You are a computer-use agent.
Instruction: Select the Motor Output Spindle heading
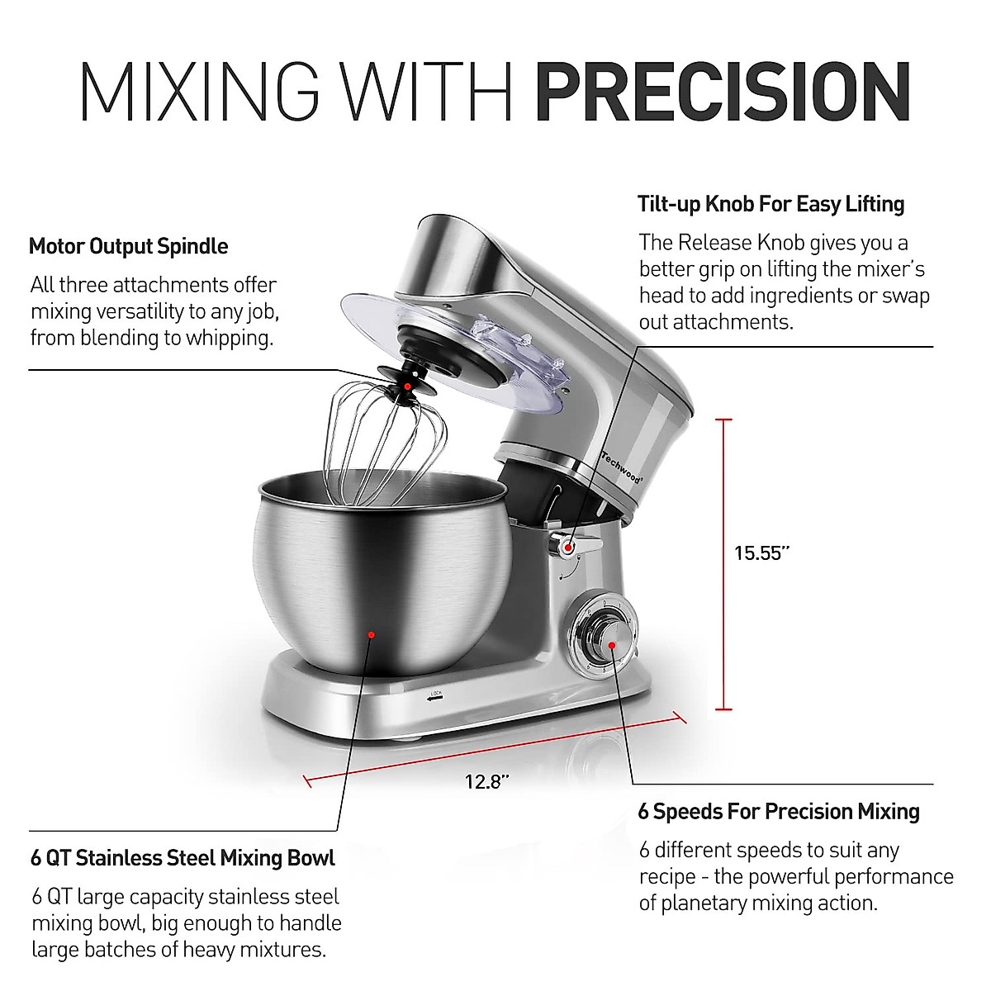click(128, 246)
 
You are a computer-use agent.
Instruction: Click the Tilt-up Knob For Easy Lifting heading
click(771, 204)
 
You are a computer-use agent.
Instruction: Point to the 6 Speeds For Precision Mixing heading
click(778, 811)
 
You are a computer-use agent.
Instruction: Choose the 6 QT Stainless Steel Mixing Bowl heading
click(183, 858)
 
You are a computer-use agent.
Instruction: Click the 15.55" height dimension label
click(761, 553)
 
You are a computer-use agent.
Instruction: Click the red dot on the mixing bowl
click(372, 635)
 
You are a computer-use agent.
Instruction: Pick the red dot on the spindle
click(408, 386)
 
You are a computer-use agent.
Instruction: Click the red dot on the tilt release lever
click(569, 544)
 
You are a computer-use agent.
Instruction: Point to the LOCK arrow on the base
click(434, 696)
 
